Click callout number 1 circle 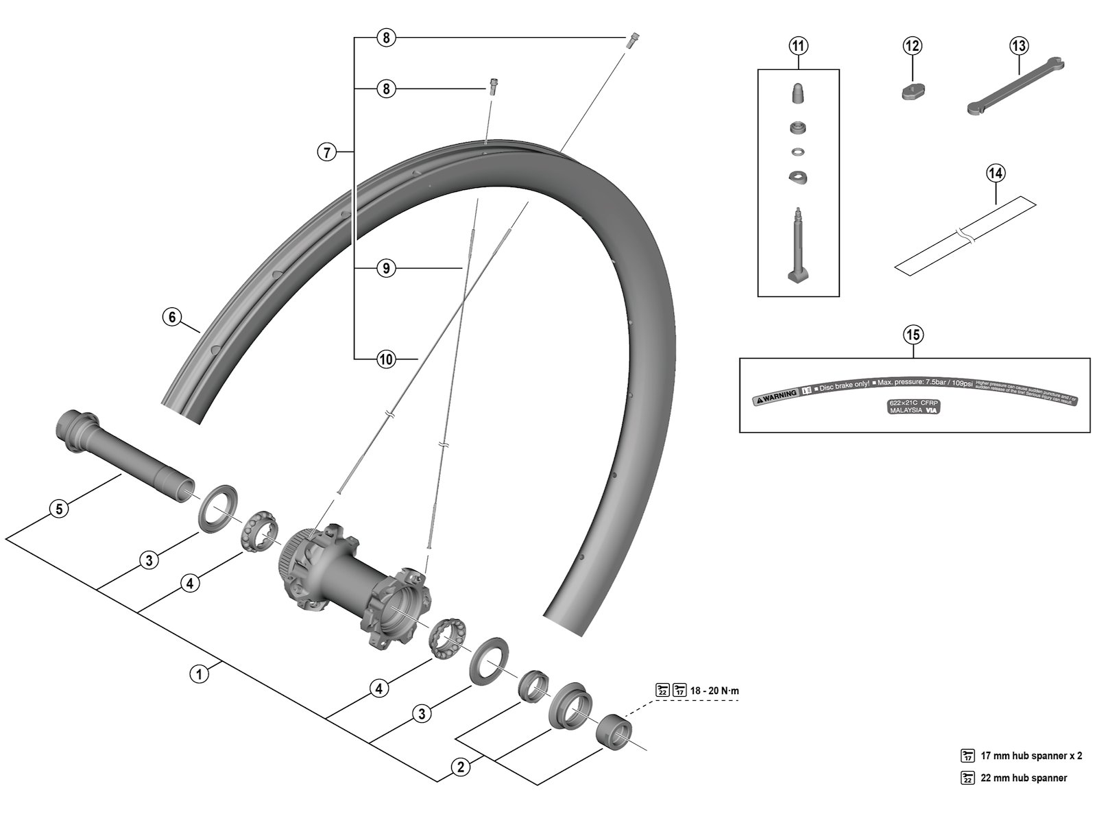[x=199, y=673]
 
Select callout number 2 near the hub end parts [x=460, y=766]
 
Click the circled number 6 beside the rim [x=172, y=316]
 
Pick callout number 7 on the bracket [x=327, y=152]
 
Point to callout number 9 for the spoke [x=386, y=268]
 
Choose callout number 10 [x=386, y=358]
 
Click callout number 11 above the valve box [x=798, y=46]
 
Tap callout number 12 [x=912, y=46]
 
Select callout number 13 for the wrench [x=1019, y=46]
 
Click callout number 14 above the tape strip [x=996, y=173]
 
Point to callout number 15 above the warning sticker [x=913, y=335]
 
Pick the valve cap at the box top [x=798, y=93]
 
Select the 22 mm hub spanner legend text [x=1024, y=778]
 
